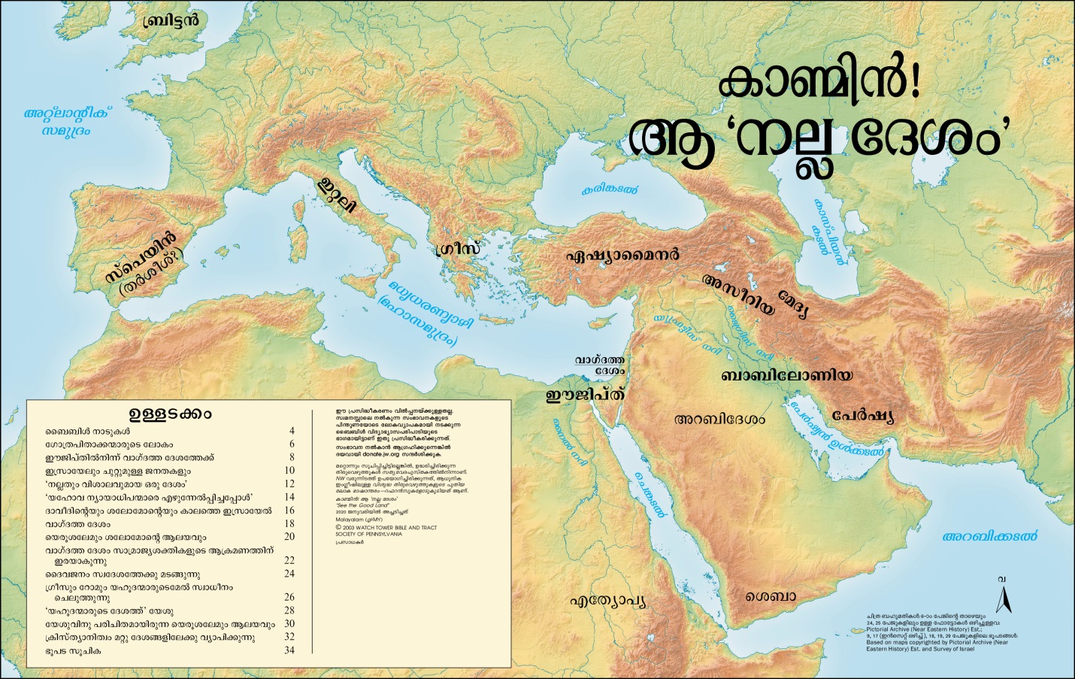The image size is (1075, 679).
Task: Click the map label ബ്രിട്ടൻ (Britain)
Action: (171, 20)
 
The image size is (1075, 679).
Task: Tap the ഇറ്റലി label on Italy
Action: (335, 194)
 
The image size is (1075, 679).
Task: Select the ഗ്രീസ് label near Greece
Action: (457, 249)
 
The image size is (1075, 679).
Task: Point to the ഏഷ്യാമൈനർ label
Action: (622, 255)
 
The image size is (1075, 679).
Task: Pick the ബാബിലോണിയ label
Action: (786, 375)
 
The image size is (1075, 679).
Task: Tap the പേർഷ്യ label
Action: (862, 416)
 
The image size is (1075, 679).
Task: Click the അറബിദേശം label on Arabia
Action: (719, 419)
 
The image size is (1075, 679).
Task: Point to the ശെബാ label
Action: (771, 596)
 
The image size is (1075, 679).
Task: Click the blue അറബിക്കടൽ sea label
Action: (989, 536)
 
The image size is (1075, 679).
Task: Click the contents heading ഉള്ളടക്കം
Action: (170, 414)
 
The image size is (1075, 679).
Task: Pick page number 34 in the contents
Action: (289, 650)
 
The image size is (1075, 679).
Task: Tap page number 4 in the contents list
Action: (292, 432)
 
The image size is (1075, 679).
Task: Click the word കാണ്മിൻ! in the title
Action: (818, 84)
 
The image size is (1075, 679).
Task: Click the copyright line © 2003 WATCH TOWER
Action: (386, 528)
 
